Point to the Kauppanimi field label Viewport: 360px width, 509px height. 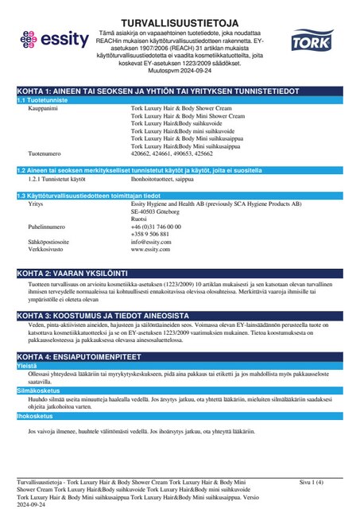pos(44,110)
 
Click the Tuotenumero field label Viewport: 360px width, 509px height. pos(45,153)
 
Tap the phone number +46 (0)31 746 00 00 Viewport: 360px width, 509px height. pos(156,227)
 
